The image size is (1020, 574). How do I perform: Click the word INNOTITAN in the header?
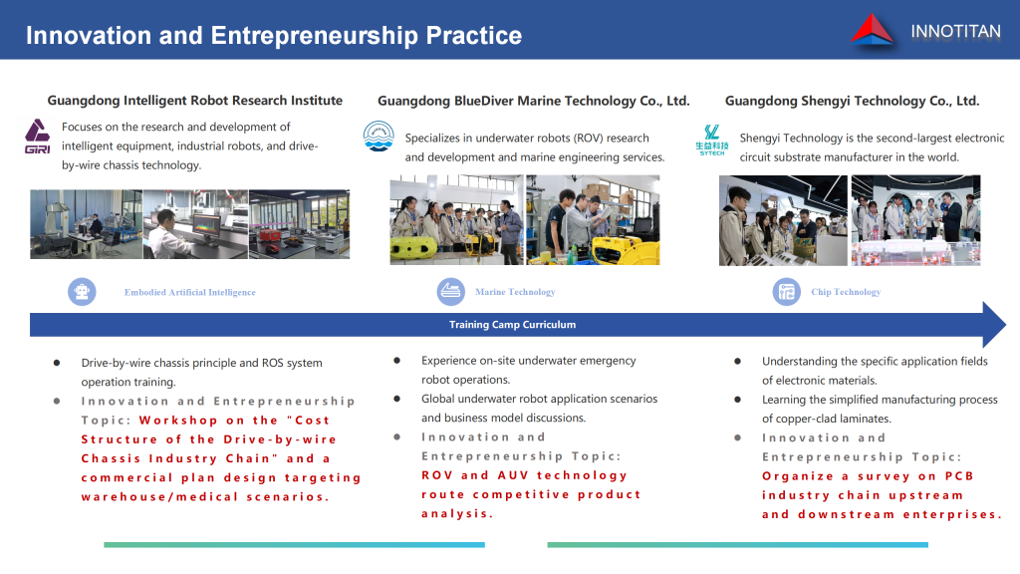tap(955, 31)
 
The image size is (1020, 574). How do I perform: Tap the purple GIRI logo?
tap(37, 136)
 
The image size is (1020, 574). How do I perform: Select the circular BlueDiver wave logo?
tap(379, 136)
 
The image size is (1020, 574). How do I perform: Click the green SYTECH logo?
tap(711, 140)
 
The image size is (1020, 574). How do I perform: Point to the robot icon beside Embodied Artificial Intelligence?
tap(82, 292)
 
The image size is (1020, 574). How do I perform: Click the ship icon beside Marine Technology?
tap(451, 292)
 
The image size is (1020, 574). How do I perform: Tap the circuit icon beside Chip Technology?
tap(787, 292)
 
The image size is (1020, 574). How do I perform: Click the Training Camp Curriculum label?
tap(513, 325)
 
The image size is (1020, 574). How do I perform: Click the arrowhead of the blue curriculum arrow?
tap(994, 324)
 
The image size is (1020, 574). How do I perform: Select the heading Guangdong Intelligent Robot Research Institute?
tap(194, 101)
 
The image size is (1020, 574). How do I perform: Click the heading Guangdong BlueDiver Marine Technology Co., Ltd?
tap(534, 101)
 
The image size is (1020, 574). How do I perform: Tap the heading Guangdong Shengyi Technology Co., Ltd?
tap(853, 101)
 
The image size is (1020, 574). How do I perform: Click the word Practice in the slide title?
tap(473, 35)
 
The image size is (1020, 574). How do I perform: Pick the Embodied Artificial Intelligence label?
tap(190, 292)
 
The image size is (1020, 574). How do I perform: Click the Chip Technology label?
tap(846, 292)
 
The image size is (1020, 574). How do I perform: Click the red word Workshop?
tap(178, 421)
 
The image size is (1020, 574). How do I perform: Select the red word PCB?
tap(959, 475)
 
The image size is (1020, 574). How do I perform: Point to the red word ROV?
tap(437, 475)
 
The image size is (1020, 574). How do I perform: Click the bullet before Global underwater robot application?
tap(396, 399)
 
